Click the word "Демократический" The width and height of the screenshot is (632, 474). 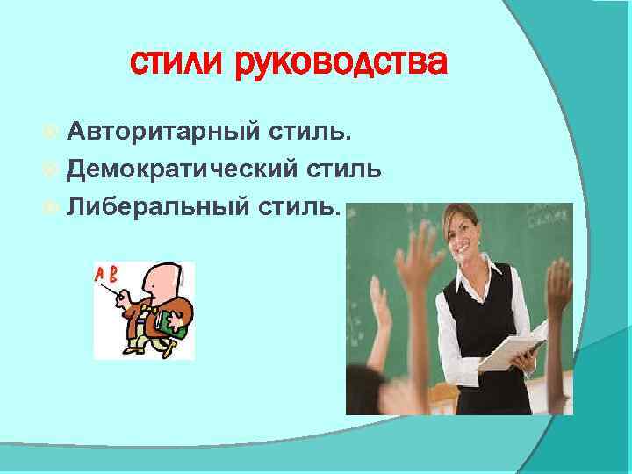tap(183, 169)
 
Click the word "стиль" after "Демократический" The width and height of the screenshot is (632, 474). tap(341, 169)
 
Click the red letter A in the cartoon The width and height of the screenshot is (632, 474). tap(101, 273)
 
